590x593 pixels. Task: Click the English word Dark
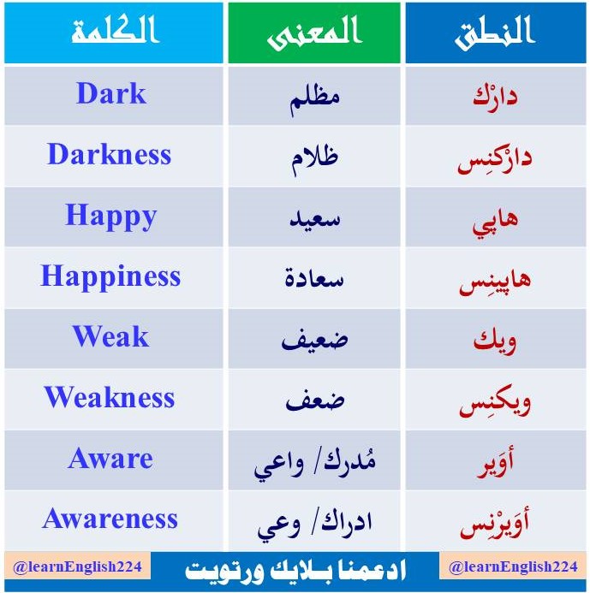click(111, 94)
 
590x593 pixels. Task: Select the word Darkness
click(110, 155)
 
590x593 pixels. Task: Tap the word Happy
click(111, 216)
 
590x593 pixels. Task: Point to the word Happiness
click(110, 276)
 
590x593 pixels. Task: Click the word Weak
click(110, 336)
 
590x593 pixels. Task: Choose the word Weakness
click(110, 397)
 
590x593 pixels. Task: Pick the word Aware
click(110, 459)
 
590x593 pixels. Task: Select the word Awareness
click(110, 519)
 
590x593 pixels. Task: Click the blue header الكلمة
click(115, 32)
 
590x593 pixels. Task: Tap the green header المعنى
click(315, 33)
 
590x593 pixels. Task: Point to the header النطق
click(494, 32)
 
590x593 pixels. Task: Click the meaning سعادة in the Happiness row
click(314, 277)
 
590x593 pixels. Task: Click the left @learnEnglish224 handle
click(78, 567)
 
